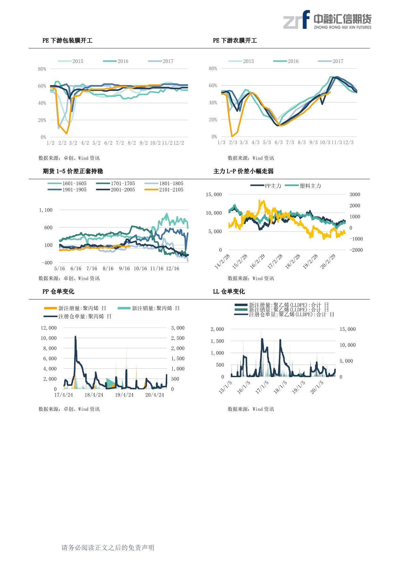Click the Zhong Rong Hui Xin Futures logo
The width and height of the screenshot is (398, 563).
click(327, 20)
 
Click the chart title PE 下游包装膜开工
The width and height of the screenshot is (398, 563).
click(67, 40)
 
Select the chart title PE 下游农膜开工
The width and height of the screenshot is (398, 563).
click(235, 40)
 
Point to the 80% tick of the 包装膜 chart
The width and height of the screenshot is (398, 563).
click(42, 69)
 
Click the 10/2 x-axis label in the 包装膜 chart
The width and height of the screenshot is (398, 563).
click(155, 143)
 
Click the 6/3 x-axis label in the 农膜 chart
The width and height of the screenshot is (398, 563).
click(279, 142)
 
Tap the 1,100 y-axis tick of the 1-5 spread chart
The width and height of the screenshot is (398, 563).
click(46, 210)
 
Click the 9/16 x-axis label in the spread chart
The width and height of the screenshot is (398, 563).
click(124, 268)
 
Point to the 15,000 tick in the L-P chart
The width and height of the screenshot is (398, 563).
click(214, 195)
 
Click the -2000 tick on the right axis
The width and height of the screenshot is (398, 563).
click(356, 250)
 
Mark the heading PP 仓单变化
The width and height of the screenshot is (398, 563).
click(58, 291)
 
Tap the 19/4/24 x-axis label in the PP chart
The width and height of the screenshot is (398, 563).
click(124, 395)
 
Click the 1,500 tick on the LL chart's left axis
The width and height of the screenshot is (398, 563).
click(217, 341)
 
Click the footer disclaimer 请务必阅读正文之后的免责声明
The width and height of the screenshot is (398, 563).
click(108, 548)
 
